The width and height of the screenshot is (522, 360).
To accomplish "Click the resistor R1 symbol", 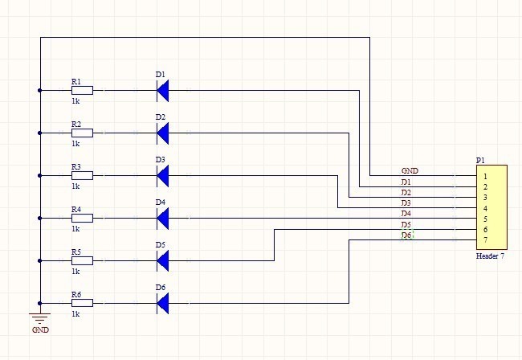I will pos(82,91).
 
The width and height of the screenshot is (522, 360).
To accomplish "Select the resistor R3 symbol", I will pos(82,175).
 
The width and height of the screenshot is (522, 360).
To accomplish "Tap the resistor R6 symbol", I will pos(82,303).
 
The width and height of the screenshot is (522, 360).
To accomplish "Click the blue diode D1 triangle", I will pos(163,91).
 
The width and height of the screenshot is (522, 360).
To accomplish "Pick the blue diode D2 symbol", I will pos(163,133).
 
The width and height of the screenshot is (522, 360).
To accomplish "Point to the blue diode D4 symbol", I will pos(163,218).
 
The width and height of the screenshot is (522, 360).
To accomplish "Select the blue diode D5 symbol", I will pos(163,260).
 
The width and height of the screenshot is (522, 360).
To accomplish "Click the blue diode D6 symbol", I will pos(163,303).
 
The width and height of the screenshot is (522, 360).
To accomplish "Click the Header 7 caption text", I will pos(490,256).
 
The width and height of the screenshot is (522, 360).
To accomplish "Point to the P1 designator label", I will pos(480,161).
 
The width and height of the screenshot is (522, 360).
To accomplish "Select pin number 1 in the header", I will pos(485,176).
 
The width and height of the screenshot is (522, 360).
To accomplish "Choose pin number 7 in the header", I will pos(485,240).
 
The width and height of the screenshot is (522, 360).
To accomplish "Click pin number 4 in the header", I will pos(485,208).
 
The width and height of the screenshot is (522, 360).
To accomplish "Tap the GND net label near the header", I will pos(410,171).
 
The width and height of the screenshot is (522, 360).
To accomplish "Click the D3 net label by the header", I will pos(406,203).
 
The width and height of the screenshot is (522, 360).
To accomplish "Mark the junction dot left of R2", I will pos(39,133).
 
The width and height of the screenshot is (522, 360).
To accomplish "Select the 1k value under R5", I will pos(75,271).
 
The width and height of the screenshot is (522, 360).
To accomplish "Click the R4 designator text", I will pos(75,209).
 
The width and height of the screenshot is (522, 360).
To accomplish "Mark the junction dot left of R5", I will pos(39,260).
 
